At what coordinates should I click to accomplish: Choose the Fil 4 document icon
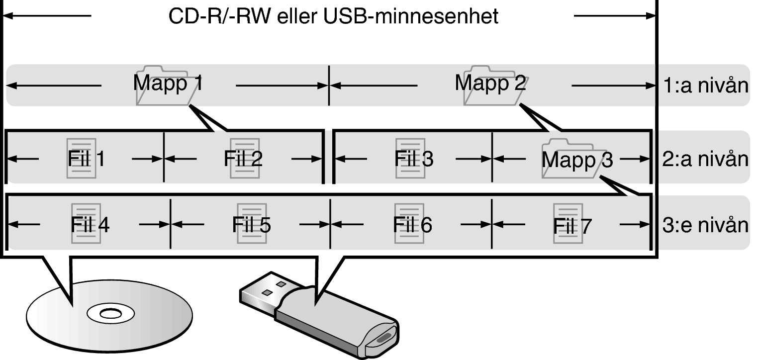(86, 223)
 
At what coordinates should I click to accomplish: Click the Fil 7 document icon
(568, 223)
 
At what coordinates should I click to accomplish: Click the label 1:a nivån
(706, 86)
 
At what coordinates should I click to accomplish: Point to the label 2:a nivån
(706, 159)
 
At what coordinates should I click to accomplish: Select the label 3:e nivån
(706, 225)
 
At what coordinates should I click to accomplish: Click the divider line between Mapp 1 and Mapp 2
(329, 85)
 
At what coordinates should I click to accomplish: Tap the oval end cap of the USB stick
(382, 338)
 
